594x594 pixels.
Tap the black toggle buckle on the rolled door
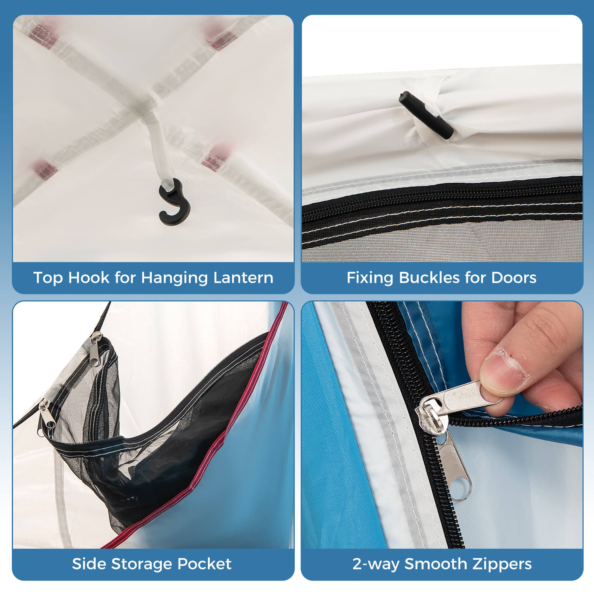[x=426, y=116]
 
